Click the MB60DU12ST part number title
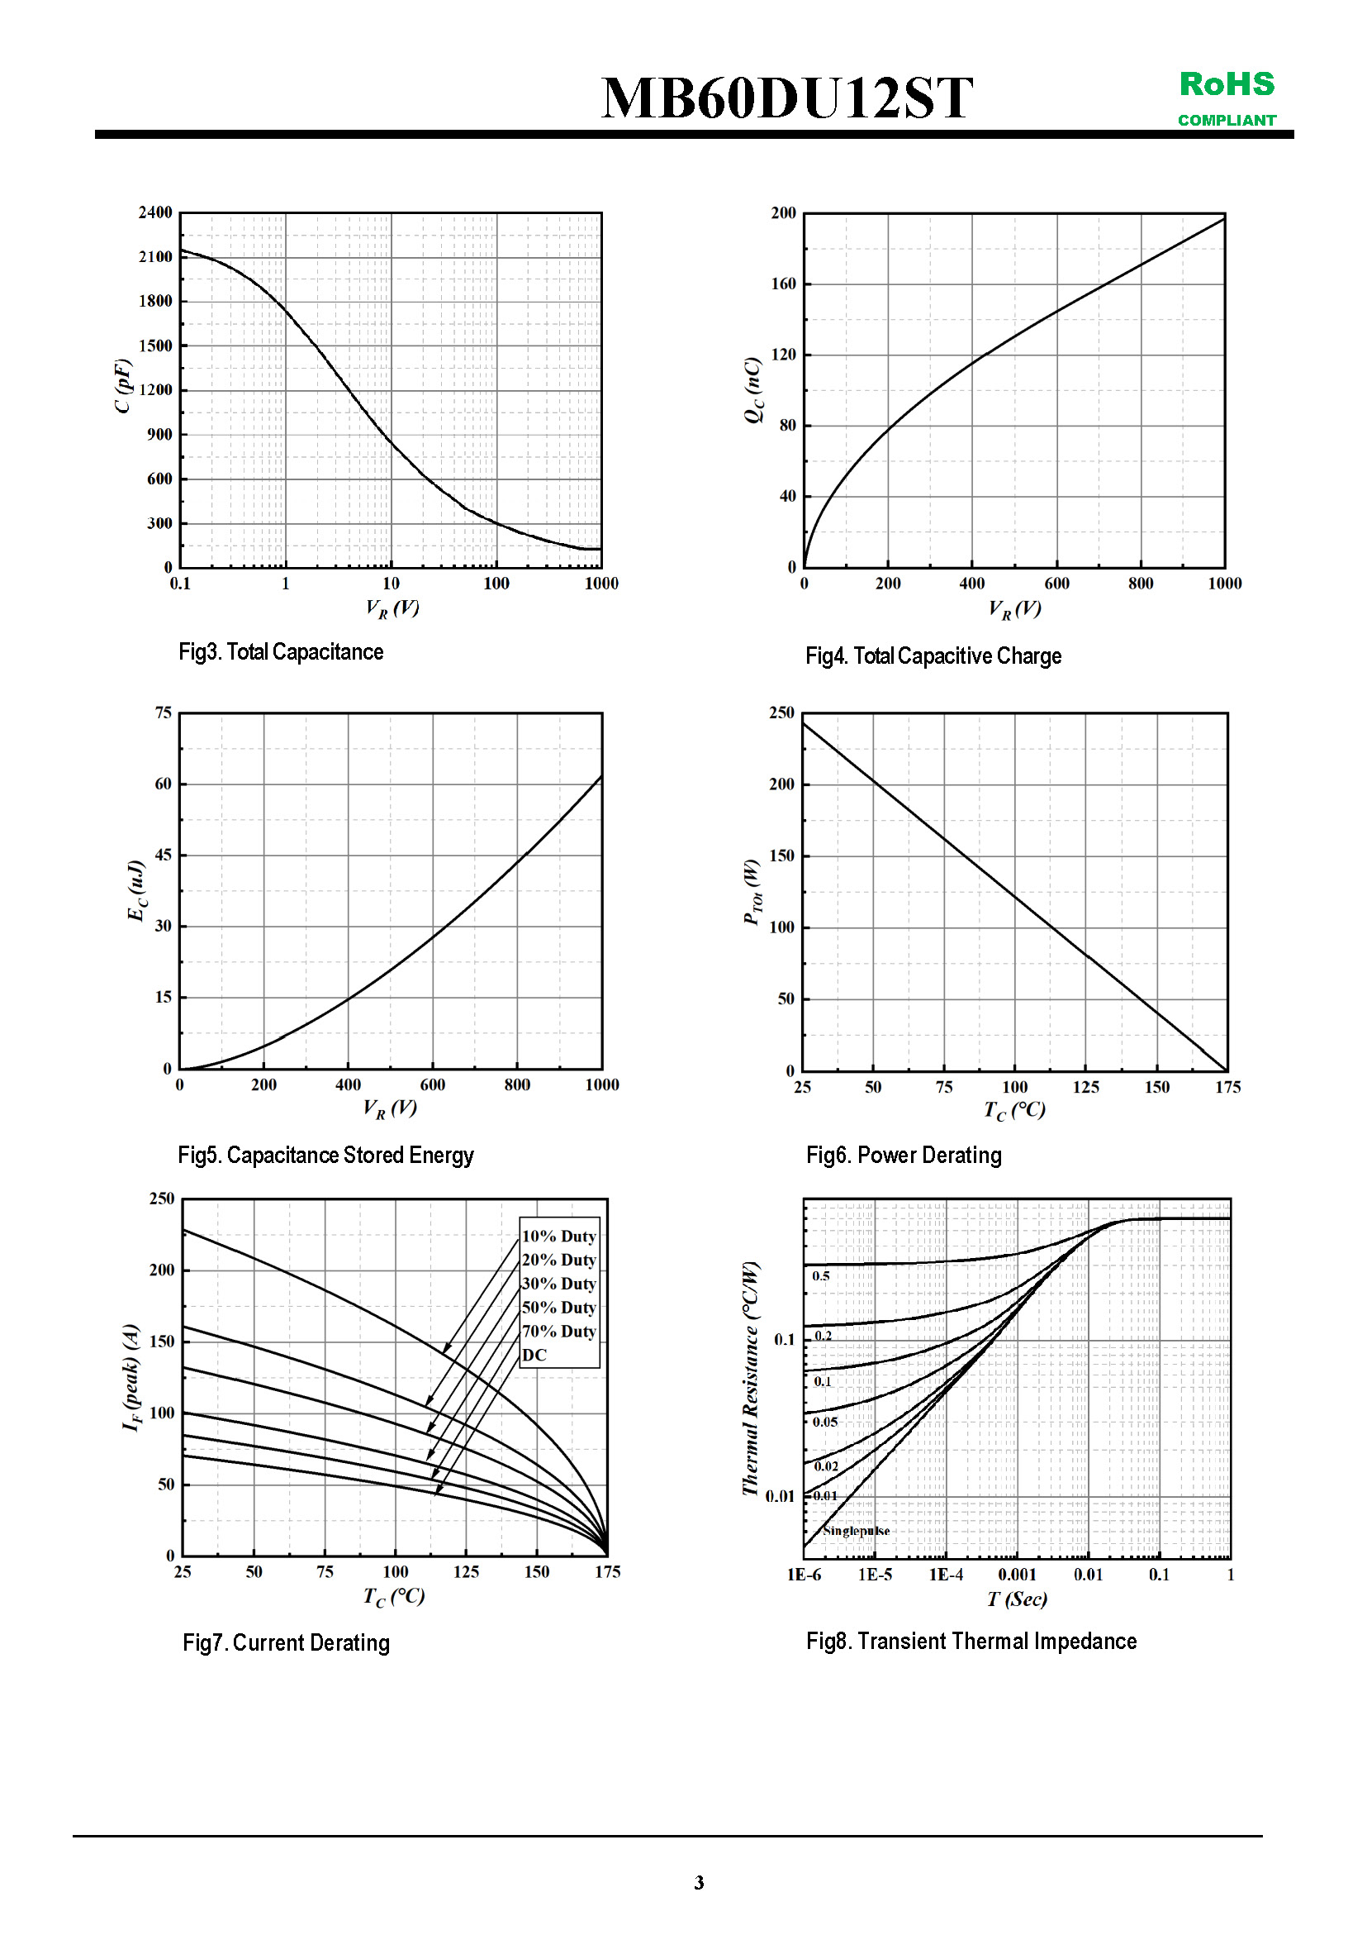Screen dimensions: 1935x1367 786,98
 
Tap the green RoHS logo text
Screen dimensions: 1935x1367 1227,84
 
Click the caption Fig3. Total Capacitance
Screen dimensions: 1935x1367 281,651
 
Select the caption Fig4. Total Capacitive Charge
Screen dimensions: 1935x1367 933,655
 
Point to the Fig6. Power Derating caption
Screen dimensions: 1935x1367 903,1155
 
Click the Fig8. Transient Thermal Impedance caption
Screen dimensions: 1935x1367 971,1641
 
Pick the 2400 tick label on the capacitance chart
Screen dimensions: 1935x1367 155,212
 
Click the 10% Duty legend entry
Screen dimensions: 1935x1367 558,1237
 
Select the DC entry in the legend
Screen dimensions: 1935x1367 534,1356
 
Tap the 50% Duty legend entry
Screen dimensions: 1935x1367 558,1308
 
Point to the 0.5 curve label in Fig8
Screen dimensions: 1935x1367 820,1276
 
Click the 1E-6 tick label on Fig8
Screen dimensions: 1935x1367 804,1575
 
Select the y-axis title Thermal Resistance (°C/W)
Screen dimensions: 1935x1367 750,1378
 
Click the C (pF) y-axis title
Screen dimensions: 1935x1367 123,386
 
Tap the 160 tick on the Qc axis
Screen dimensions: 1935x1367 782,284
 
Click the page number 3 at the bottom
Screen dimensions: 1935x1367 698,1883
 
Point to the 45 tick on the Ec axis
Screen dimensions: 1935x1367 163,855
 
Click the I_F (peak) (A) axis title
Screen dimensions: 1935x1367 131,1377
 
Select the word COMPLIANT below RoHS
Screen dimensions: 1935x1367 1227,121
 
